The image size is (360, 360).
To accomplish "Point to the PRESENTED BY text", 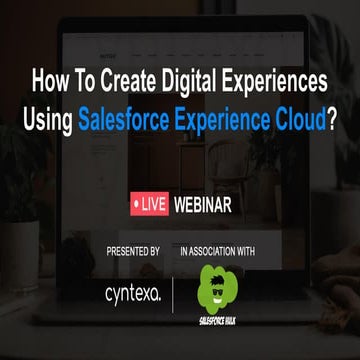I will pos(133,251).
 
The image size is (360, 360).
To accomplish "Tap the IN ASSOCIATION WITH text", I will pos(218,251).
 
